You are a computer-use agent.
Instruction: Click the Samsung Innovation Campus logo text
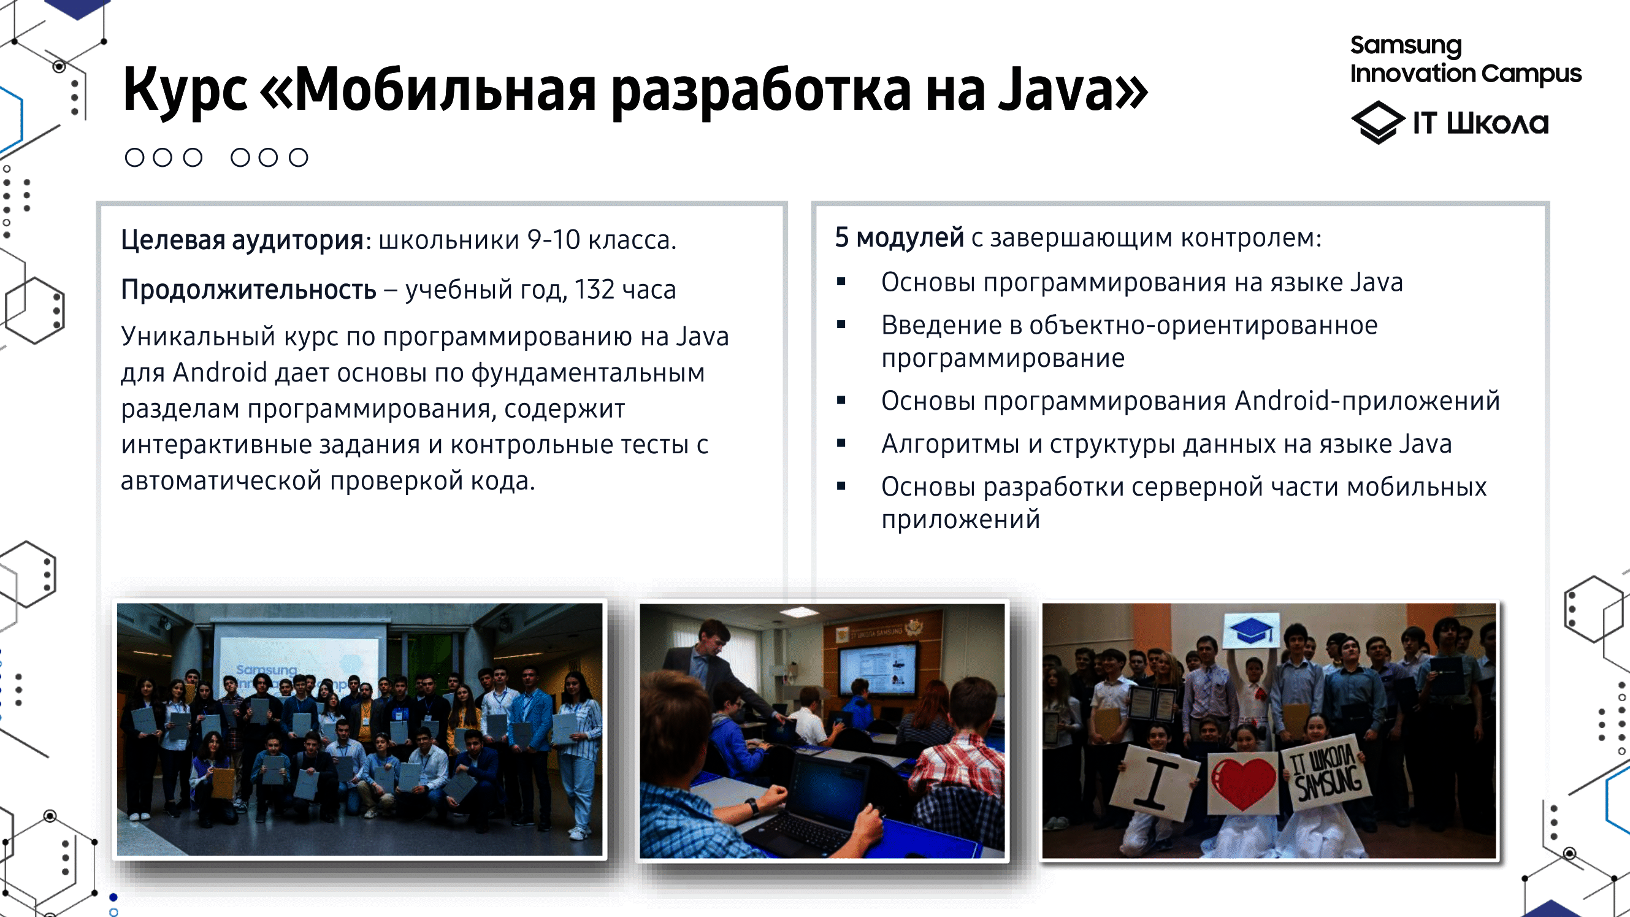pos(1465,59)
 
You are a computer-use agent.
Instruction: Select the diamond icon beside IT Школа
pos(1377,122)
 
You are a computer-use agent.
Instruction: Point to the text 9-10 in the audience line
pos(553,240)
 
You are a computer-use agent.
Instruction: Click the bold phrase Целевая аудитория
pos(242,240)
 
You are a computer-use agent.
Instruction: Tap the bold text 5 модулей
pos(899,238)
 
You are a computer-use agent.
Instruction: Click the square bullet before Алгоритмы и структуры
pos(841,443)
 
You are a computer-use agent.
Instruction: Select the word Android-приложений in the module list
pos(1368,401)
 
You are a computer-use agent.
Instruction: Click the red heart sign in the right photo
pos(1243,782)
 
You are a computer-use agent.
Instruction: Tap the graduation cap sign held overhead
pos(1251,631)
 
